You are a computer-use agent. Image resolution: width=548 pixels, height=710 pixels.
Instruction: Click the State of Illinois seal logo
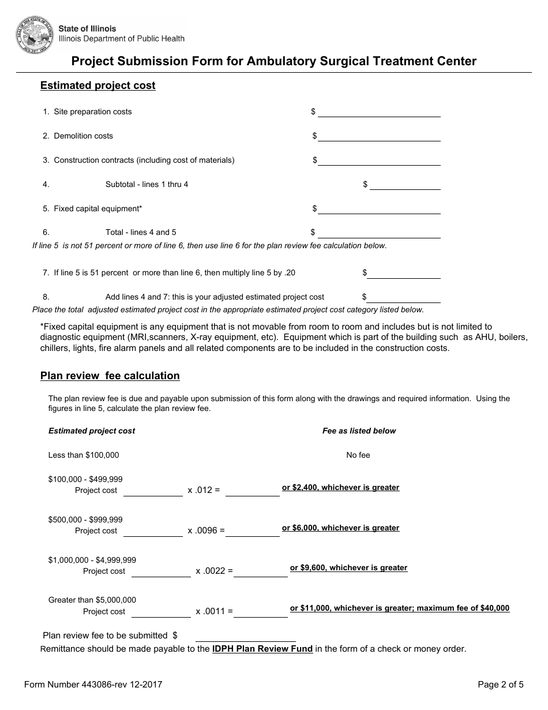(x=35, y=34)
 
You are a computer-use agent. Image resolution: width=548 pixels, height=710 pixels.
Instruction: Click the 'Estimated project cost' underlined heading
(x=97, y=85)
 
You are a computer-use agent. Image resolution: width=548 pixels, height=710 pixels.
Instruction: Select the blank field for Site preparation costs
(x=379, y=112)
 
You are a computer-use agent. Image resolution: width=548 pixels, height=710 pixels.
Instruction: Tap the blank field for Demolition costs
(x=379, y=136)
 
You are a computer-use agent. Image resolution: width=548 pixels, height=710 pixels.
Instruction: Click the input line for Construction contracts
(x=379, y=160)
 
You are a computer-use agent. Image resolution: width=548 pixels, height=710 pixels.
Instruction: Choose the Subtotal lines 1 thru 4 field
(x=405, y=185)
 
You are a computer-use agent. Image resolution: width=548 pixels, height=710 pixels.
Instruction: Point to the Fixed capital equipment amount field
(x=379, y=209)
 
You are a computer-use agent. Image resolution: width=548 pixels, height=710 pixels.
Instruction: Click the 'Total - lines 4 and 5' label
(x=141, y=233)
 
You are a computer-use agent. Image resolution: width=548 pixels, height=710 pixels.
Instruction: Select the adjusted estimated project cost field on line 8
(x=405, y=298)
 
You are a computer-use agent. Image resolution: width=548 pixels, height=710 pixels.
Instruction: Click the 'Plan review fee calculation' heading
(x=110, y=376)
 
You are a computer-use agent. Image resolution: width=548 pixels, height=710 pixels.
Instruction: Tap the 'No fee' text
(x=358, y=455)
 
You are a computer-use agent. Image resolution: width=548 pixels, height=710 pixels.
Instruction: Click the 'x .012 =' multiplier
(x=204, y=491)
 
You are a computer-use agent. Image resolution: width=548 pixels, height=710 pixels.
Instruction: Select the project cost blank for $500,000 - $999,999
(x=153, y=531)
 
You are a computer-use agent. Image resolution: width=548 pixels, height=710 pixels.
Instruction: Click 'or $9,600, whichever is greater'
(x=348, y=568)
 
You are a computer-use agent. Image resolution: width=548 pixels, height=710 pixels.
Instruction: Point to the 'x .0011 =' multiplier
(x=214, y=612)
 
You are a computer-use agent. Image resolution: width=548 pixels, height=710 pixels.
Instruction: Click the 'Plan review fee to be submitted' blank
(x=246, y=636)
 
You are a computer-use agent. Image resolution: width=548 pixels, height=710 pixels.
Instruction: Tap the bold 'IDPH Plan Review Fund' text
(x=262, y=649)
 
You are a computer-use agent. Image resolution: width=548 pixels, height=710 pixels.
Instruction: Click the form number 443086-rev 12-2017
(x=93, y=685)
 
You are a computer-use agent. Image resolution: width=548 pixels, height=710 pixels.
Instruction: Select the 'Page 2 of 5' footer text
(x=501, y=685)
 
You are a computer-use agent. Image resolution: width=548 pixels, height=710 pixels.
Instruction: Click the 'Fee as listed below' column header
(x=359, y=431)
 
